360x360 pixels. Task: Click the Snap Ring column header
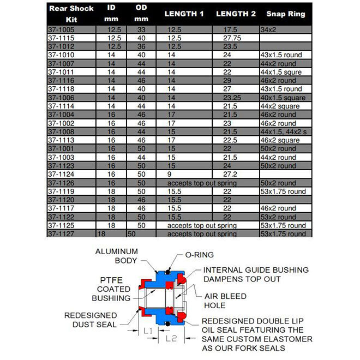[x=286, y=14]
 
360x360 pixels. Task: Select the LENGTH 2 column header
[x=236, y=14]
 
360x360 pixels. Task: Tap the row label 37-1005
[x=61, y=29]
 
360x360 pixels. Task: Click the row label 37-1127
[x=61, y=233]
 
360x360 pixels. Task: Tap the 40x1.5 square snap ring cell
[x=283, y=97]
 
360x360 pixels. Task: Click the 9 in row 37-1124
[x=169, y=174]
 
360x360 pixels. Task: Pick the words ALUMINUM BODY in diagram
[x=116, y=256]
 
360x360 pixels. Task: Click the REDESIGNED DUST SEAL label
[x=91, y=320]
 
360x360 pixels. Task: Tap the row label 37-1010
[x=61, y=55]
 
